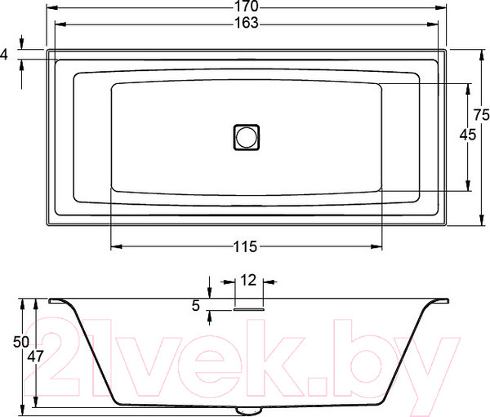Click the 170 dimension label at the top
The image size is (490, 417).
pos(246,7)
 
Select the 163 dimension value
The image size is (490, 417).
pos(246,23)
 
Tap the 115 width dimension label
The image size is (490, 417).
pos(246,246)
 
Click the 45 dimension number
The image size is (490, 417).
pos(467,136)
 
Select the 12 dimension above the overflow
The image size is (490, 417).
pos(249,280)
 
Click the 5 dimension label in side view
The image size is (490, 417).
pos(196,306)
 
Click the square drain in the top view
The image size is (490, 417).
pos(246,135)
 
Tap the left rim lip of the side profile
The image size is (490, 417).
pos(58,300)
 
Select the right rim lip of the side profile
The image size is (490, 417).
pos(437,300)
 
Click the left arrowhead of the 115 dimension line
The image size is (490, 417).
pos(114,246)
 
